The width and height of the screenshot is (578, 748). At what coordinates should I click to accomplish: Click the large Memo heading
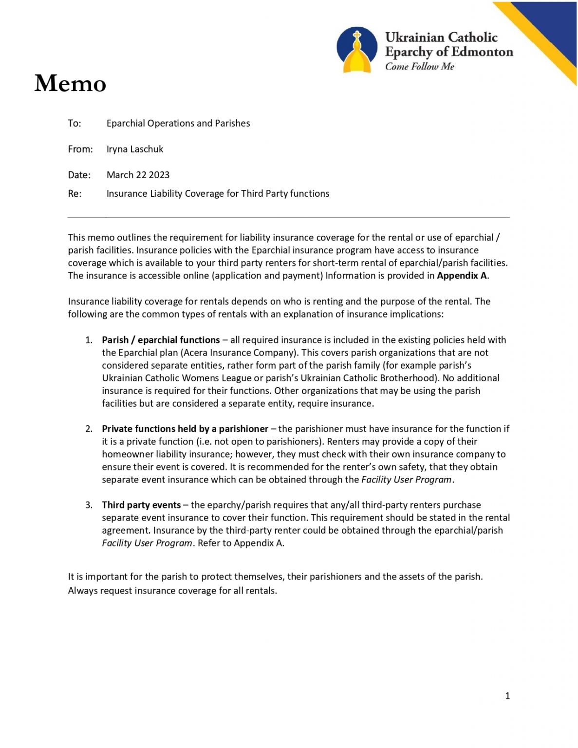70,83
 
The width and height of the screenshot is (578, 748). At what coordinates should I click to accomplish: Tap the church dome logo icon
357,50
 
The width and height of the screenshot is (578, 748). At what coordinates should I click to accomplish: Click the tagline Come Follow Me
419,67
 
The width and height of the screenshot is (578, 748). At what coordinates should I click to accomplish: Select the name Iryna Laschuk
135,149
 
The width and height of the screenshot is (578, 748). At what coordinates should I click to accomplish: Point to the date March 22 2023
138,175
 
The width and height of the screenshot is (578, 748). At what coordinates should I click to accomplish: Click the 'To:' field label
75,123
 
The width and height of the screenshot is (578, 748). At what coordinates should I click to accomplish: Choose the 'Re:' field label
75,193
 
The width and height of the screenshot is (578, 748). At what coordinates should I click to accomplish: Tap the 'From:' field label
80,149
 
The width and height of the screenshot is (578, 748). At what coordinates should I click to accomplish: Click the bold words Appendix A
462,276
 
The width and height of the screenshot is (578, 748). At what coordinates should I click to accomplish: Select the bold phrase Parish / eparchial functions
161,340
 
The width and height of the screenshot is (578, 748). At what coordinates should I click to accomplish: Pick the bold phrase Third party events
141,505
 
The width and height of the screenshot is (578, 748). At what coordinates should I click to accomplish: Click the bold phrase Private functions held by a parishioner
185,429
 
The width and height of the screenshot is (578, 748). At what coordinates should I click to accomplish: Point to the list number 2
89,429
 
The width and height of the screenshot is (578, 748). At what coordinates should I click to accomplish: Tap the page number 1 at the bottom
507,696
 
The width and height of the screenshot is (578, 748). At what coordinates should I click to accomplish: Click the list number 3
89,505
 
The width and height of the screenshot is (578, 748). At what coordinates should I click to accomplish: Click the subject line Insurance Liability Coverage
218,193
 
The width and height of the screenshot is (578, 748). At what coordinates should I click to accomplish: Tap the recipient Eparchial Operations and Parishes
178,123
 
